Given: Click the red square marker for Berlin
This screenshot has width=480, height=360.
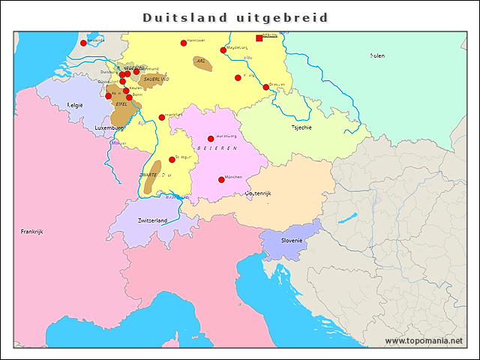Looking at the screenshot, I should pyautogui.click(x=259, y=38).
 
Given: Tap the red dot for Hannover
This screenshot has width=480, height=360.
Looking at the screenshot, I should pyautogui.click(x=184, y=43).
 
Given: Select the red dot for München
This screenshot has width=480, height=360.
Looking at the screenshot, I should pyautogui.click(x=221, y=179).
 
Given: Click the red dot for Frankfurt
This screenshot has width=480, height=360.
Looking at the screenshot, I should pyautogui.click(x=162, y=117).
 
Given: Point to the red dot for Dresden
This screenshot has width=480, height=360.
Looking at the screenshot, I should pyautogui.click(x=265, y=87).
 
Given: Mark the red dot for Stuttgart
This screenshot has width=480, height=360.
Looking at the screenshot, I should pyautogui.click(x=172, y=160).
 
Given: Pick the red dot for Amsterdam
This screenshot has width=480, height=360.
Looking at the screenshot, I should pyautogui.click(x=83, y=43).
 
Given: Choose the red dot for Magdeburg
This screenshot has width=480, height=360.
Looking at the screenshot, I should pyautogui.click(x=223, y=50).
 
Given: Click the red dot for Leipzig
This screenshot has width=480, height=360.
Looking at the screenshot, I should pyautogui.click(x=238, y=77).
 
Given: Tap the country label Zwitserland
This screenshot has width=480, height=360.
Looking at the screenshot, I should pyautogui.click(x=152, y=220).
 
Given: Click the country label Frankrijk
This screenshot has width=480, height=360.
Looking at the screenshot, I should pyautogui.click(x=32, y=232).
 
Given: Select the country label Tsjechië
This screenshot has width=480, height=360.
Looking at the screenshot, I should pyautogui.click(x=301, y=127).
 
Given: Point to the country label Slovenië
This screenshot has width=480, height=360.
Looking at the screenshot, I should pyautogui.click(x=292, y=240).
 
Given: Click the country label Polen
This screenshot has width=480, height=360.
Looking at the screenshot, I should pyautogui.click(x=378, y=55).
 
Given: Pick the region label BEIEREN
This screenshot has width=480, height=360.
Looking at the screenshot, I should pyautogui.click(x=217, y=149).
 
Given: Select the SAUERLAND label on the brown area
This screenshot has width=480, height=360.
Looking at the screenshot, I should pyautogui.click(x=156, y=79).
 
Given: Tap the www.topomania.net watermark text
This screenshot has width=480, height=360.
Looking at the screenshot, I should pyautogui.click(x=424, y=340).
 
